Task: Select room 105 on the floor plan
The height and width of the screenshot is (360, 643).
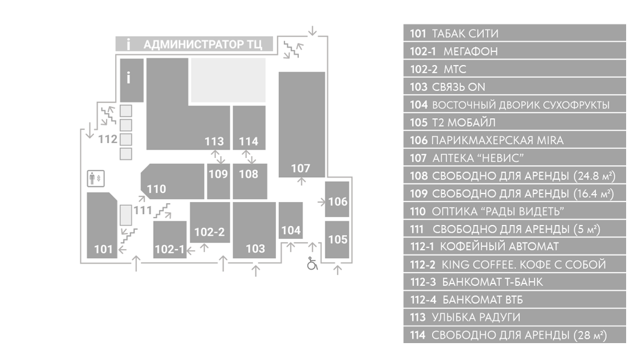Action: [337, 240]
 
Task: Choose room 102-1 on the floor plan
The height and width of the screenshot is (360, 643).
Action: [169, 239]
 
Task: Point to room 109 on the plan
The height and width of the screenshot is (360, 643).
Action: [218, 181]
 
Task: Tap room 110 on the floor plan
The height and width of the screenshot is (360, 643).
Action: [172, 181]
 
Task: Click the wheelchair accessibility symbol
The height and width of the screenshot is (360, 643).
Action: [312, 264]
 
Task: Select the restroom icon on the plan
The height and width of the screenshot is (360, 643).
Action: [96, 178]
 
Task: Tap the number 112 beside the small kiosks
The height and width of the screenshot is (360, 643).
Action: [107, 139]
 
